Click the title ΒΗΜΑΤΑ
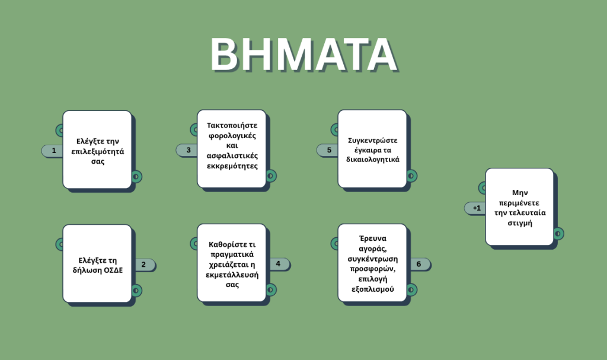[304, 54]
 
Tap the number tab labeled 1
[53, 151]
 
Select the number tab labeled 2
[145, 265]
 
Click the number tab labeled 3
[187, 150]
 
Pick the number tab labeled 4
[279, 264]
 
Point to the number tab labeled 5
[327, 150]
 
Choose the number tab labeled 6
[419, 264]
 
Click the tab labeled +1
[475, 208]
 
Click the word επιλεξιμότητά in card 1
[98, 151]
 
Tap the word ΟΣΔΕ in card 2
[114, 270]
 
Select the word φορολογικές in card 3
[232, 136]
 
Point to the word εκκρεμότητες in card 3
[232, 166]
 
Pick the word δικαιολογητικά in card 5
[373, 160]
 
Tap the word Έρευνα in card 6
[373, 238]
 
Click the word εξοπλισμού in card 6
[373, 289]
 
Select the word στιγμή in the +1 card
[519, 223]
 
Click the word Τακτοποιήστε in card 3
[232, 126]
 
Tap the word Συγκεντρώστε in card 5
[373, 141]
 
